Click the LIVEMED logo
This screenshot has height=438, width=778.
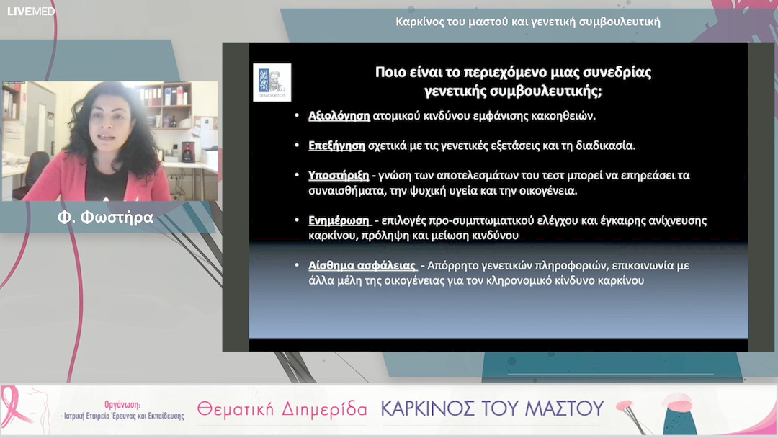pyautogui.click(x=31, y=11)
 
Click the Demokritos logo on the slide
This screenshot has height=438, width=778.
pyautogui.click(x=272, y=82)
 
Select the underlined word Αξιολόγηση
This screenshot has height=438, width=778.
pyautogui.click(x=339, y=115)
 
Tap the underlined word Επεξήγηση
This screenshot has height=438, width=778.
pyautogui.click(x=337, y=145)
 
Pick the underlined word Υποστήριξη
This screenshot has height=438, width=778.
pyautogui.click(x=339, y=175)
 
